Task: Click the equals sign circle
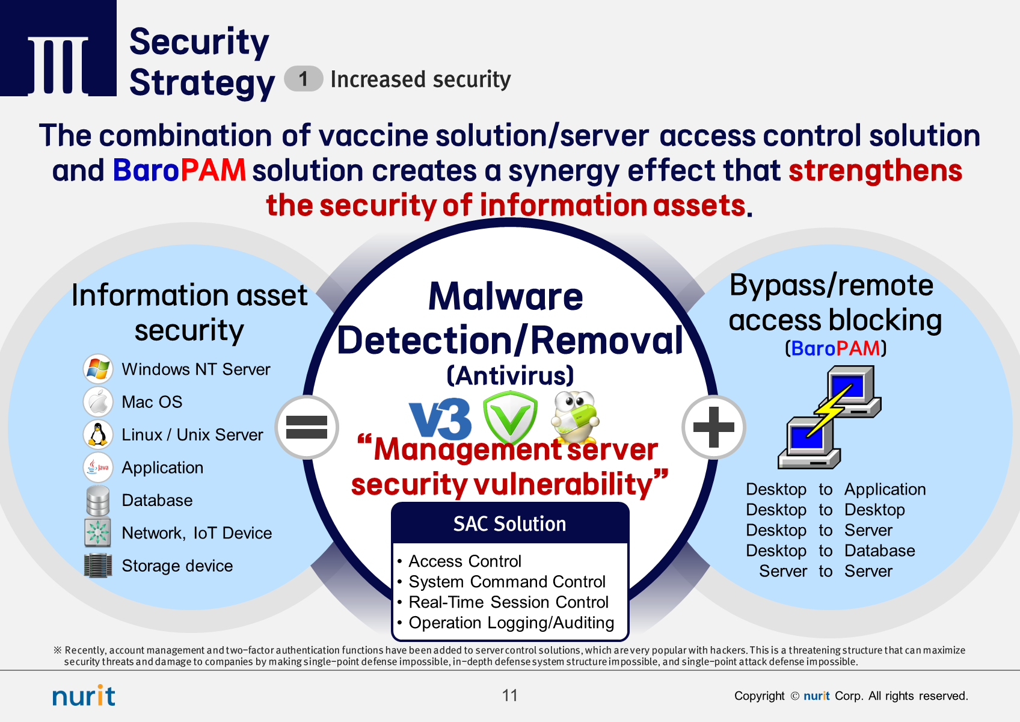[307, 427]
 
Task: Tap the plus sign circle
[714, 427]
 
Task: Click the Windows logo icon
[98, 369]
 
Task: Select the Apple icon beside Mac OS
[98, 402]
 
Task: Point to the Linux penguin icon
[98, 434]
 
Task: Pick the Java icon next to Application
[98, 467]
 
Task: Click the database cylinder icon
[98, 500]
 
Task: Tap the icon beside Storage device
[98, 566]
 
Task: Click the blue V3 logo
[440, 419]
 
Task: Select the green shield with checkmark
[511, 416]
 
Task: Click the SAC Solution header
[510, 524]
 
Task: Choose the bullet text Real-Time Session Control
[508, 602]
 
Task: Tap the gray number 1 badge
[304, 79]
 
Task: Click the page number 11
[510, 696]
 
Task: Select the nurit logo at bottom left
[84, 696]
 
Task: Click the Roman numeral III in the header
[58, 65]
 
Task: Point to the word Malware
[506, 297]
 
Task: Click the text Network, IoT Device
[197, 533]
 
